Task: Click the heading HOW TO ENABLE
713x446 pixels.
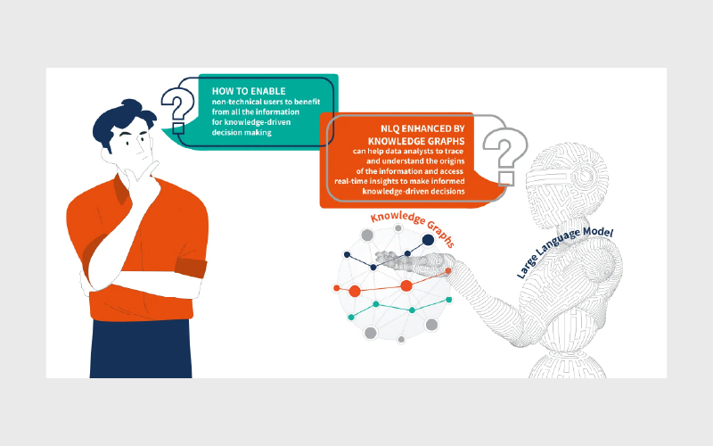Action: [249, 91]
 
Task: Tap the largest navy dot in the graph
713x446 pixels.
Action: [428, 240]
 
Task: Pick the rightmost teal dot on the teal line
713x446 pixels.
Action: [449, 300]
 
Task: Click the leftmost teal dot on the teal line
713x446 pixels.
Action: [351, 318]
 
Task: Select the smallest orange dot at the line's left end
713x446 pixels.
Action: [337, 288]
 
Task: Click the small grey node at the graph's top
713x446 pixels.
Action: [398, 228]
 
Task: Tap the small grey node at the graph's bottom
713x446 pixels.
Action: [401, 340]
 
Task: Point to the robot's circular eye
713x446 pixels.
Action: [586, 174]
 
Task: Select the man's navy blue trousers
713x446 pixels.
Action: [141, 349]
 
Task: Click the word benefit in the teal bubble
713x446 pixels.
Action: [307, 102]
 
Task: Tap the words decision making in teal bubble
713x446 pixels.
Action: [242, 132]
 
